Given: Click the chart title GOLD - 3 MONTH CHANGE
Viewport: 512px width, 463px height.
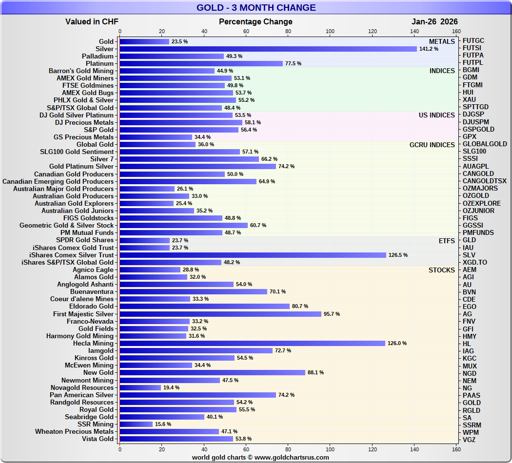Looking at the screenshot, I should click(x=256, y=8).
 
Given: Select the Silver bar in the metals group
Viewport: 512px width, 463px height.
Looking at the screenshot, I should click(x=268, y=49).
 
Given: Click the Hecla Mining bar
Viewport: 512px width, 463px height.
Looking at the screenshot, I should click(x=252, y=343).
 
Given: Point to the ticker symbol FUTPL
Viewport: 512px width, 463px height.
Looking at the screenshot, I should click(x=473, y=63).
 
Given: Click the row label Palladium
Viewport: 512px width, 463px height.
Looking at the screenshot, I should click(x=98, y=56).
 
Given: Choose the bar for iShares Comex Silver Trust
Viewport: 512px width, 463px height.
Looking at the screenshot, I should click(x=253, y=255).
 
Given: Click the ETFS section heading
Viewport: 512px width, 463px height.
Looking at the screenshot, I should click(x=447, y=240).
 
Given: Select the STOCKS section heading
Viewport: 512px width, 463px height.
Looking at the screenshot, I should click(x=442, y=270).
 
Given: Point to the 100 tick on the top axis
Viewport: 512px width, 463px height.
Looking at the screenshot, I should click(x=330, y=32).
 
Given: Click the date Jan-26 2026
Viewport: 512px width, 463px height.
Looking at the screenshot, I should click(x=434, y=21).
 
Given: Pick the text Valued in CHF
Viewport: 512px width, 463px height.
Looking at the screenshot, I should click(x=92, y=21).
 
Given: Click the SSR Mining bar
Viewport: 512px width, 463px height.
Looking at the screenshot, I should click(x=136, y=424).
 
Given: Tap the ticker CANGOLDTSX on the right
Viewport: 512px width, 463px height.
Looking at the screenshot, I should click(x=484, y=181).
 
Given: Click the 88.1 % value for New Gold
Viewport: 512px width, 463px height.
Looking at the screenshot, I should click(x=315, y=372).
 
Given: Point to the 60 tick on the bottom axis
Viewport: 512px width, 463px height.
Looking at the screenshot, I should click(x=246, y=449).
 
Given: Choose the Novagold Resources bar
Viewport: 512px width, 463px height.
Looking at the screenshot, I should click(x=140, y=387).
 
